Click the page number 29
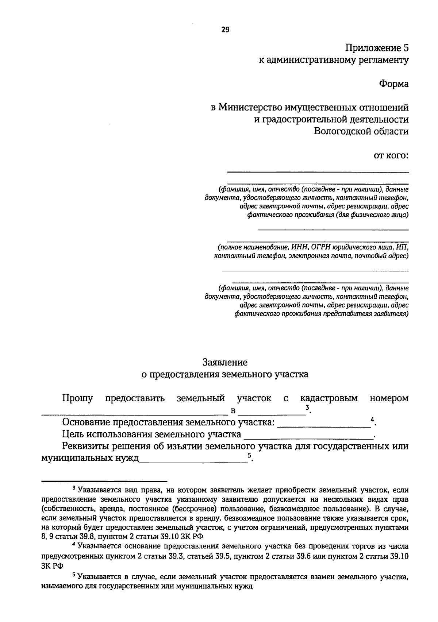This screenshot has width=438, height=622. click(x=225, y=30)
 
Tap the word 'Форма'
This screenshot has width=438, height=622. click(x=393, y=84)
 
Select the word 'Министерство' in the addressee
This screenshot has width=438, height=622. click(x=249, y=108)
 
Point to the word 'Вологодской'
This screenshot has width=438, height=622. click(x=339, y=131)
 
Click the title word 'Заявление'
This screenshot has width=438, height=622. click(x=225, y=362)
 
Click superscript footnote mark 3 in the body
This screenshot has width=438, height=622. click(x=308, y=407)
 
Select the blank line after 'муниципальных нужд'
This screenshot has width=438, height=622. click(x=193, y=461)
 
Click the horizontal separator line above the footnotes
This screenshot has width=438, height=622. click(x=104, y=481)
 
